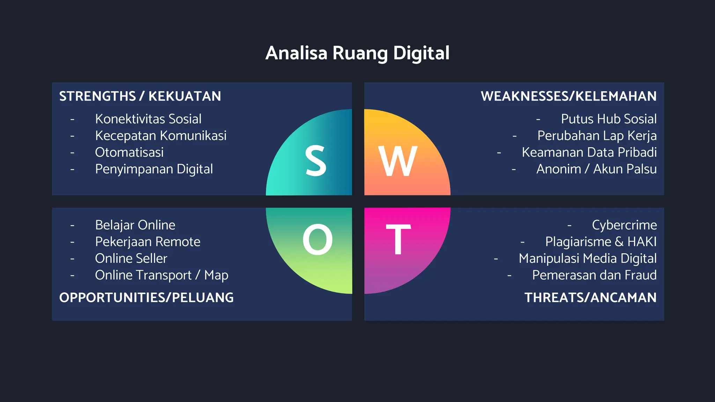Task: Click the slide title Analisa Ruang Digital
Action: (357, 53)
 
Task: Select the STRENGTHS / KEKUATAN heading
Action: (140, 96)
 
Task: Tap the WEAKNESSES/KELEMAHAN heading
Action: (568, 96)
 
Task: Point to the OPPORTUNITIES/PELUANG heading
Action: (146, 298)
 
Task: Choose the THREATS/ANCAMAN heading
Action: (590, 298)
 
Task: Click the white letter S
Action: (316, 161)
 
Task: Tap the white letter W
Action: (398, 162)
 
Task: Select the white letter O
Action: (317, 240)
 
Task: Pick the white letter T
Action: (398, 240)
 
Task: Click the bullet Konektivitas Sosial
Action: (148, 119)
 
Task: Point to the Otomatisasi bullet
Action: (129, 152)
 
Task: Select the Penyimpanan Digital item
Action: (154, 169)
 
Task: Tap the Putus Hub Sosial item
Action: (609, 119)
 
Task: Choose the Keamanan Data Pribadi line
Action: (589, 152)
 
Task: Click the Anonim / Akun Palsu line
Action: (596, 169)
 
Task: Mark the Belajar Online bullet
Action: (135, 225)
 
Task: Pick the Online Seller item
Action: (131, 259)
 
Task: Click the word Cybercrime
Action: (624, 225)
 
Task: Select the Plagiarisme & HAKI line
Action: (600, 242)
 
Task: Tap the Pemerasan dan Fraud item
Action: (594, 275)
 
